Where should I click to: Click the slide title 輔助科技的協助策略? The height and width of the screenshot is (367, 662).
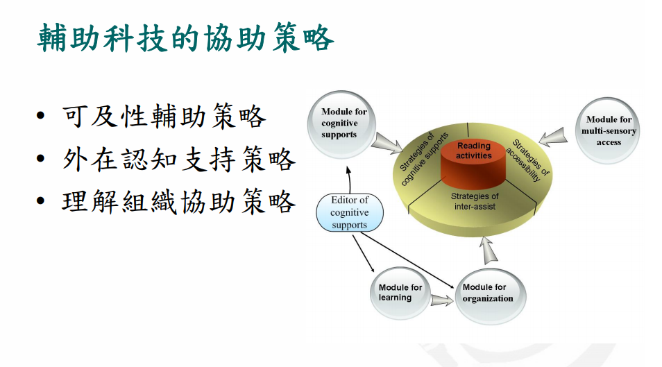coord(186,38)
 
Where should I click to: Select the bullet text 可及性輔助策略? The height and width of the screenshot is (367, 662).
coord(164,116)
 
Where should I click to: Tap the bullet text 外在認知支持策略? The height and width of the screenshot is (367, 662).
coord(179,159)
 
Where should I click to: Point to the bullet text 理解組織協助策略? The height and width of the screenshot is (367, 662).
coord(179,202)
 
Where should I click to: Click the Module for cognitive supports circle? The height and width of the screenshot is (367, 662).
coord(341,124)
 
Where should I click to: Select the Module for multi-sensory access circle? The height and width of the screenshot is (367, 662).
coord(608,130)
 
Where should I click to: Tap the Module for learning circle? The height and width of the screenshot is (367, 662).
coord(400,293)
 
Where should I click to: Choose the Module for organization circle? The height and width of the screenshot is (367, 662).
coord(490,296)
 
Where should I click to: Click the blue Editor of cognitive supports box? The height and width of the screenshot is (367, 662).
coord(350,212)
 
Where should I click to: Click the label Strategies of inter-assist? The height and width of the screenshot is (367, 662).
coord(475,201)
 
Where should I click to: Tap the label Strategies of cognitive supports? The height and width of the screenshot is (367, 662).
coord(423,158)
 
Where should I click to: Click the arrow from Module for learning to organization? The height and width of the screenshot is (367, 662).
coord(442,300)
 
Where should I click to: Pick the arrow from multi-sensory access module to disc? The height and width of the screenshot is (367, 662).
coord(553,137)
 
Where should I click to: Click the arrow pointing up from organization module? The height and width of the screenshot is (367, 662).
coord(489,250)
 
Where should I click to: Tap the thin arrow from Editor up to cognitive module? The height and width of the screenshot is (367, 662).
coord(349,180)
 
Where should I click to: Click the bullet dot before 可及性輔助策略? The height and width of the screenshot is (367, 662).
coord(40,116)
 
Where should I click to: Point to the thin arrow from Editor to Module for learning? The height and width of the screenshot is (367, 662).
coord(363,253)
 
